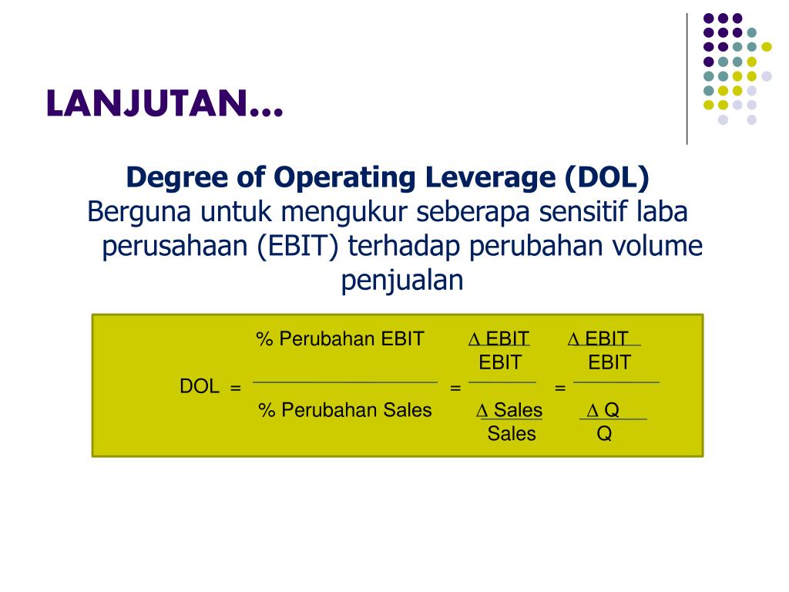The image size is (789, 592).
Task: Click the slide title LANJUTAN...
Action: tap(165, 104)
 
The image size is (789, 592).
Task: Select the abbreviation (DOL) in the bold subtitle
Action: tap(607, 178)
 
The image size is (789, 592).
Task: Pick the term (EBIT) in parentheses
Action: tap(297, 247)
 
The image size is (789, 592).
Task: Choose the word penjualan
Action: tap(402, 281)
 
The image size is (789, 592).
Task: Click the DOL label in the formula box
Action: tap(200, 386)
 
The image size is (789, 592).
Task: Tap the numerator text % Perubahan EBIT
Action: tap(340, 339)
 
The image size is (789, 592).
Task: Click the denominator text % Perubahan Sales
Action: tap(345, 410)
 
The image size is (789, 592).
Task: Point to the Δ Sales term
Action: tap(509, 410)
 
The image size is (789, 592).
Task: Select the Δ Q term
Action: tap(603, 410)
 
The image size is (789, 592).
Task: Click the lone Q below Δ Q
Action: tap(604, 433)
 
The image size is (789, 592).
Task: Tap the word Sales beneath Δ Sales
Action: tap(512, 433)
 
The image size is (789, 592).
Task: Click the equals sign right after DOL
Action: tap(236, 388)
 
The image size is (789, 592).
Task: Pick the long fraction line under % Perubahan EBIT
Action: tap(345, 382)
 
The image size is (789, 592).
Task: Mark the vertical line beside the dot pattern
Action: tap(687, 79)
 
